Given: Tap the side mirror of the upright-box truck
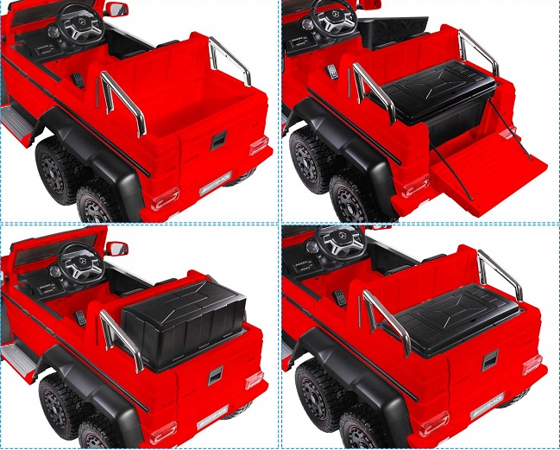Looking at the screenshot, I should [x=114, y=250].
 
